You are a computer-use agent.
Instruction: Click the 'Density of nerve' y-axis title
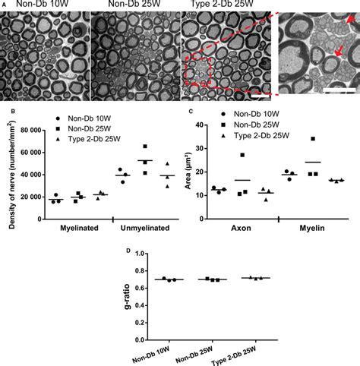[10, 172]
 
